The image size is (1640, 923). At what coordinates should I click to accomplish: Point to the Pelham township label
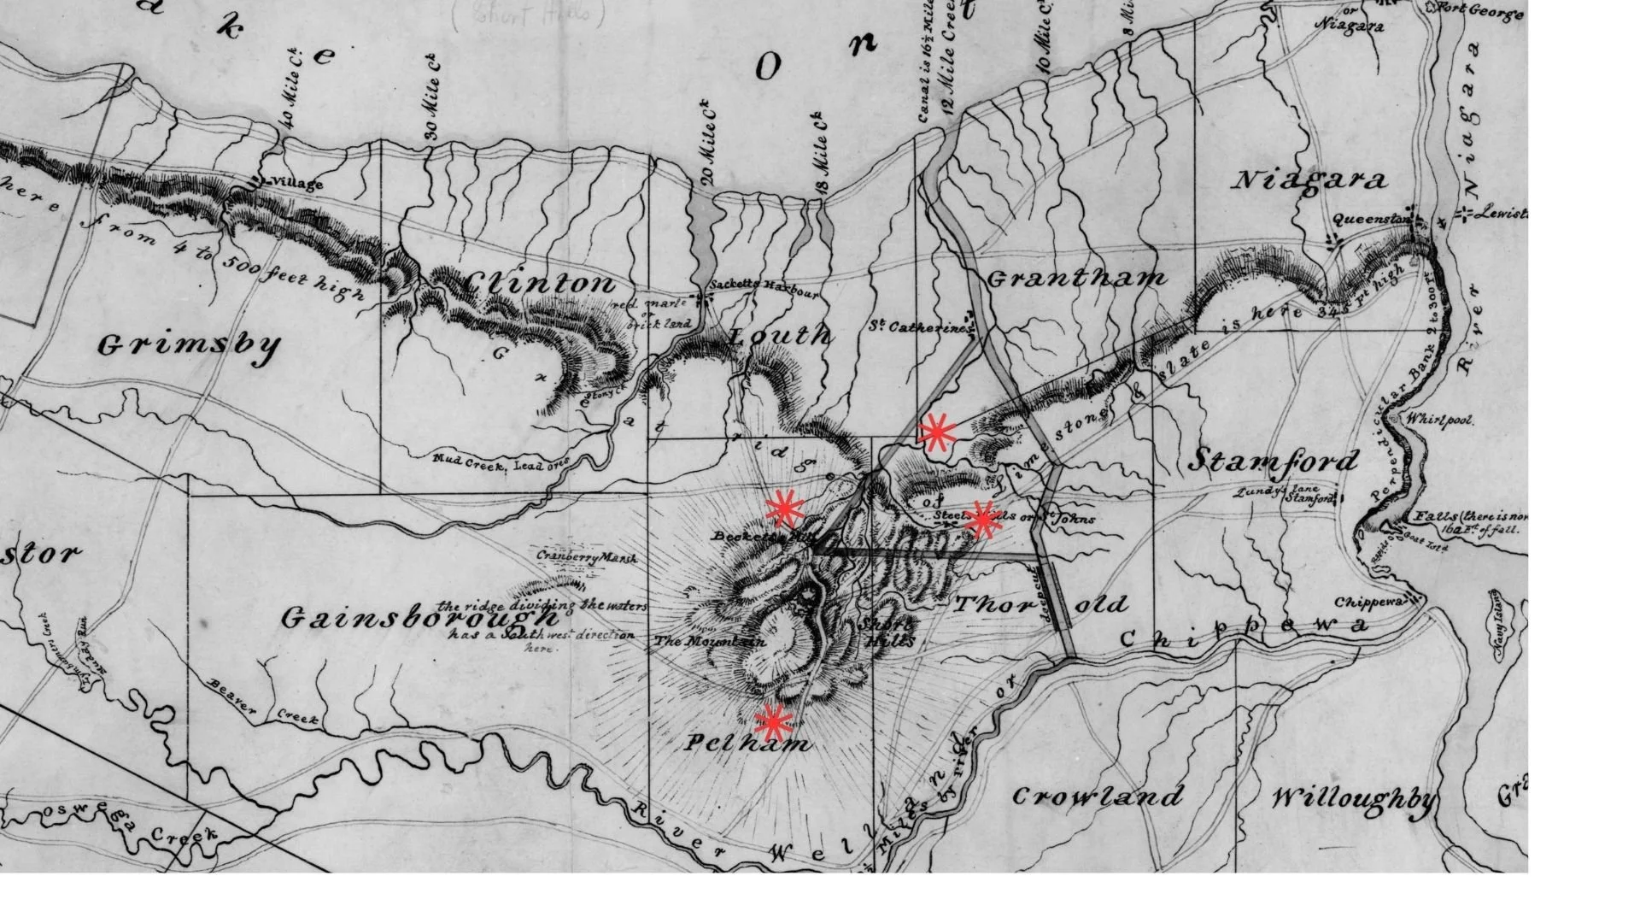point(748,744)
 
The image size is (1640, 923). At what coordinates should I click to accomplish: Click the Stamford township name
point(1273,461)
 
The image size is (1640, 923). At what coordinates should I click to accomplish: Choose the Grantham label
point(1076,279)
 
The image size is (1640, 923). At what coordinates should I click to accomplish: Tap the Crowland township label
point(1098,797)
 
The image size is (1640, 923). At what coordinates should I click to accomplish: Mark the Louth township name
point(779,336)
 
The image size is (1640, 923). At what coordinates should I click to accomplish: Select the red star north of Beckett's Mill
point(783,509)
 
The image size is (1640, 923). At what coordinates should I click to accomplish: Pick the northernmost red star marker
point(937,432)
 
